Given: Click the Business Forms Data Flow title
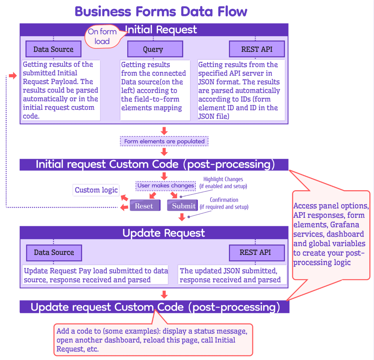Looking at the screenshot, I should [x=161, y=12].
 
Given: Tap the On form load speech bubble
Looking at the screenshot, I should [x=102, y=36].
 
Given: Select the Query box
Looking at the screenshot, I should [x=155, y=49].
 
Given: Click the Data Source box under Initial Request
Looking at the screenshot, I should [x=53, y=49].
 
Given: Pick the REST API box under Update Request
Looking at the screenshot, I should [x=257, y=253].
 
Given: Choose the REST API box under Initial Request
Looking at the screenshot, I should [x=257, y=49].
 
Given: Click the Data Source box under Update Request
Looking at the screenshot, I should [x=54, y=253].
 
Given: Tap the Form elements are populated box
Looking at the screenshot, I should [x=164, y=141].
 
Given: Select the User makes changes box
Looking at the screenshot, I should [x=166, y=186].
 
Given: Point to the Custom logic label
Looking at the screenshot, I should [x=96, y=190].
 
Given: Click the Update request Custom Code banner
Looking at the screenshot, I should [x=155, y=307].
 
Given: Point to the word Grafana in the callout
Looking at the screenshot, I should [x=344, y=225].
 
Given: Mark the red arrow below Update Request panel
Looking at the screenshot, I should [x=164, y=295].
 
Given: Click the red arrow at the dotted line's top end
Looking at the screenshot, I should [x=13, y=76].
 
